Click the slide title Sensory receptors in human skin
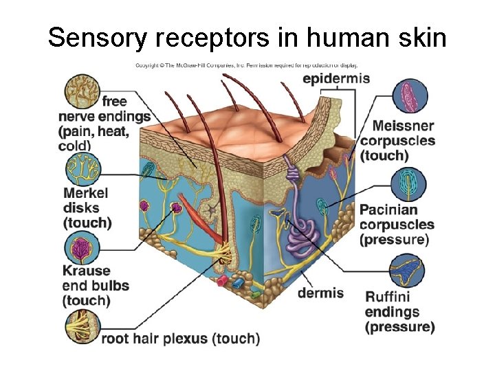pos(247,37)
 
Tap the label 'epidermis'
pos(336,78)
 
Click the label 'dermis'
pos(320,293)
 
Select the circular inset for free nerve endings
pos(82,91)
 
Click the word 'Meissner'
pos(403,126)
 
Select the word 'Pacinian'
pos(388,210)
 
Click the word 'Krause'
pos(87,270)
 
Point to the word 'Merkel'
pos(86,192)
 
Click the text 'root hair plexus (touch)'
pos(181,338)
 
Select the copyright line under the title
pos(245,65)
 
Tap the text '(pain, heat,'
pos(94,131)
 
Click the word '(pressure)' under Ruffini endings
pos(399,327)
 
